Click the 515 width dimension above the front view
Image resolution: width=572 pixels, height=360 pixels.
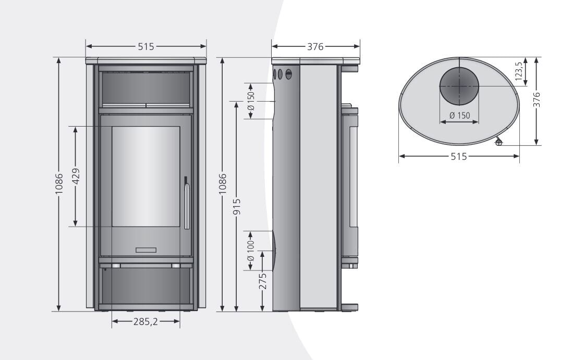coord(146,47)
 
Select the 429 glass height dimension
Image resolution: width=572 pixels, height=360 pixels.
coord(76,176)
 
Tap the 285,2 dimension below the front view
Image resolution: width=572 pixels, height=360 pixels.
coord(146,322)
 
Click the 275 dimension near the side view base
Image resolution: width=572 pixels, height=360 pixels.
coord(263,281)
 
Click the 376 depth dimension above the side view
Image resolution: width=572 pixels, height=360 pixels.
coord(315,47)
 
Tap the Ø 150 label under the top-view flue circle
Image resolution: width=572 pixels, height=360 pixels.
coord(459,115)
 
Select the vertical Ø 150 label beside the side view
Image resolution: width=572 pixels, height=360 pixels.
coord(251,101)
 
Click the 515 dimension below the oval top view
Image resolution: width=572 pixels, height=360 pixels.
coord(459,156)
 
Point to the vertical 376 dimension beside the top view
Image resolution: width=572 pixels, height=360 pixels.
coord(537,99)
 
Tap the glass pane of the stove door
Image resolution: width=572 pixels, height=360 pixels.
coord(146,176)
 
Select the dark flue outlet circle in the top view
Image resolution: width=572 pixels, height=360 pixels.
coord(459,86)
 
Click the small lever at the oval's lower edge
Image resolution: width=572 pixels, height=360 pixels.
coord(498,142)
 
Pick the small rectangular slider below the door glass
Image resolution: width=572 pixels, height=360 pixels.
coord(146,250)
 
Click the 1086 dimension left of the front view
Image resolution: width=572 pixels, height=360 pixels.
coord(59,184)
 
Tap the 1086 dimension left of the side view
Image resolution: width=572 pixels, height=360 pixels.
coord(223,184)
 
